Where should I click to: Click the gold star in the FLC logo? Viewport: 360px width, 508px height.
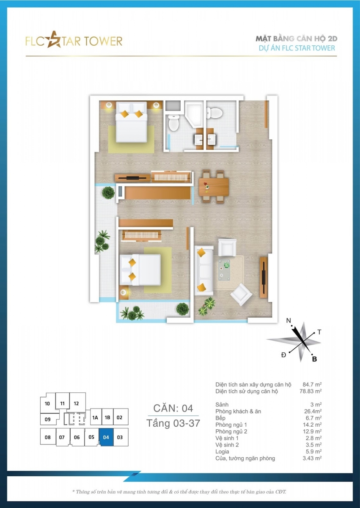[54, 40]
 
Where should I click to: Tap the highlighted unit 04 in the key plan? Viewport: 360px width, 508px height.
[106, 437]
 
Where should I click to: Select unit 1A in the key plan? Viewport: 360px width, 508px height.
[95, 417]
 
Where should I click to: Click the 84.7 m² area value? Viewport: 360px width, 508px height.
[312, 384]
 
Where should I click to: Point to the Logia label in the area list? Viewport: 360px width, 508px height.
[222, 452]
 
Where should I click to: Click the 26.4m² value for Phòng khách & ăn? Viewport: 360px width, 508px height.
[313, 411]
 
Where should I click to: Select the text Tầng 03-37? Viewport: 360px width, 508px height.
[173, 423]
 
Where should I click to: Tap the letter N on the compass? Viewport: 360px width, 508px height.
[289, 320]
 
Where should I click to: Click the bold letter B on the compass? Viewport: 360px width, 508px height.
[314, 359]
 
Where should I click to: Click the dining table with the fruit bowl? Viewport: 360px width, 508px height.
[214, 186]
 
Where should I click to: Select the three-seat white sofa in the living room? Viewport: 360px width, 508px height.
[204, 271]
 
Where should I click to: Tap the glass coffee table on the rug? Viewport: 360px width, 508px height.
[224, 271]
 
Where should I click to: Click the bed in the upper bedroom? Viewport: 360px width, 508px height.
[131, 122]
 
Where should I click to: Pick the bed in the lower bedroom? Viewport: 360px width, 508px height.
[140, 270]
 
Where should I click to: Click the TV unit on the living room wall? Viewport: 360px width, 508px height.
[264, 277]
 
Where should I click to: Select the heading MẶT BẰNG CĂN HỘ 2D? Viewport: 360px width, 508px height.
[297, 39]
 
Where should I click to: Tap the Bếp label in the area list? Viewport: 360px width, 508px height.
[220, 418]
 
